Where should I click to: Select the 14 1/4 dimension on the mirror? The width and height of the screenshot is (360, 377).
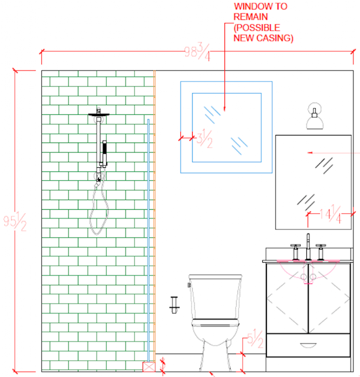pyautogui.click(x=331, y=216)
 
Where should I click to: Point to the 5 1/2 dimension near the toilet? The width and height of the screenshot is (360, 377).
pyautogui.click(x=254, y=339)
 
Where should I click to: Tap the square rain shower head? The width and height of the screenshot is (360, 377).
pyautogui.click(x=100, y=114)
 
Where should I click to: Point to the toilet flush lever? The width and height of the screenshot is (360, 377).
pyautogui.click(x=190, y=285)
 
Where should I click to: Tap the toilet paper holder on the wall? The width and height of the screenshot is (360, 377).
pyautogui.click(x=173, y=304)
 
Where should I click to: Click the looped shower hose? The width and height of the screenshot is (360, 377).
pyautogui.click(x=98, y=210)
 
